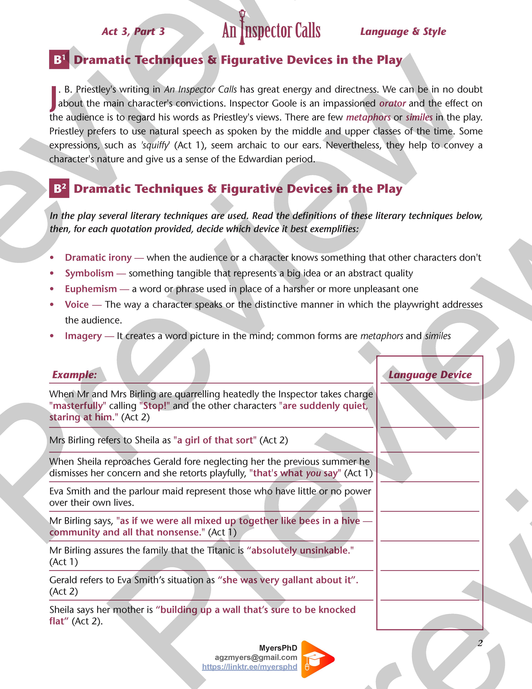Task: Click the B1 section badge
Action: click(59, 60)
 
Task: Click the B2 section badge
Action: click(59, 188)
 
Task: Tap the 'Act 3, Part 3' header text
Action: click(133, 31)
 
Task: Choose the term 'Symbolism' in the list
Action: click(89, 273)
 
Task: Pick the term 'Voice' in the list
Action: click(77, 304)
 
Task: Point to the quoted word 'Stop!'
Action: click(154, 406)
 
